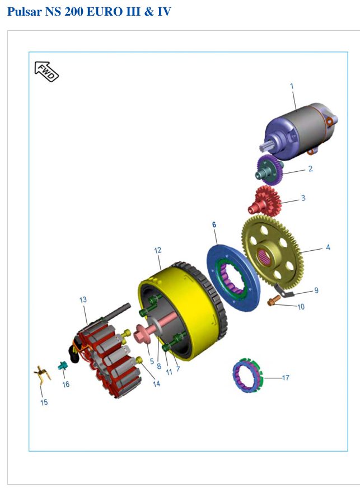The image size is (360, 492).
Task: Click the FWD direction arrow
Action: click(46, 72)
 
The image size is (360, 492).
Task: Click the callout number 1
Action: click(292, 86)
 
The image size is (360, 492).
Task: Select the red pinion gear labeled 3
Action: click(264, 201)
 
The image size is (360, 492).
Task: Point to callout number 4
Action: click(328, 247)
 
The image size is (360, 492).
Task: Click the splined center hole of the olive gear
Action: click(264, 256)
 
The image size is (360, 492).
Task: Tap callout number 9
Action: click(316, 290)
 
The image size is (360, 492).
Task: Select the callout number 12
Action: click(157, 250)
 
